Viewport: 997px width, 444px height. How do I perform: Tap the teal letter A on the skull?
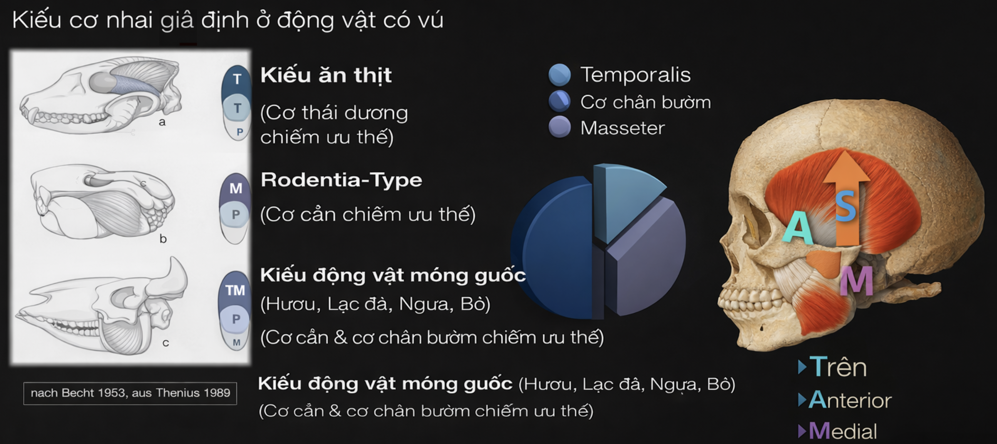click(797, 227)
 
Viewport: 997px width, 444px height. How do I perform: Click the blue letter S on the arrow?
click(846, 206)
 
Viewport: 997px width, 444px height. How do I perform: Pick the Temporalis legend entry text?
click(635, 75)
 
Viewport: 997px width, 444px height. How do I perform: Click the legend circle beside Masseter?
click(559, 127)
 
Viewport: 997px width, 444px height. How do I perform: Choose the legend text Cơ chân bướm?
click(645, 102)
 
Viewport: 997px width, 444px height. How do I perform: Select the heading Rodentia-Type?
click(341, 180)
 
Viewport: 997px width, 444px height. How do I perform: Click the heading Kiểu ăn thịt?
click(326, 75)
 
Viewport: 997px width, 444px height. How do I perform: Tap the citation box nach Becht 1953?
click(130, 393)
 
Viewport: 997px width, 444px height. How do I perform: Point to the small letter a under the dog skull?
click(162, 122)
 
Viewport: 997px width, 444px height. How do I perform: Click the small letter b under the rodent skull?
click(163, 239)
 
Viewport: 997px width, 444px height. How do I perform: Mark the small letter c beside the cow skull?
click(166, 343)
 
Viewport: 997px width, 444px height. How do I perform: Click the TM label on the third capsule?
click(235, 290)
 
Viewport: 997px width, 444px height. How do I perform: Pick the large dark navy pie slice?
click(556, 248)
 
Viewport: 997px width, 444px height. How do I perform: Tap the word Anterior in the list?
click(850, 400)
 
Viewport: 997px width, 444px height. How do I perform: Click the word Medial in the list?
click(843, 431)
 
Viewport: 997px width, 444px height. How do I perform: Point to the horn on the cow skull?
click(177, 275)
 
